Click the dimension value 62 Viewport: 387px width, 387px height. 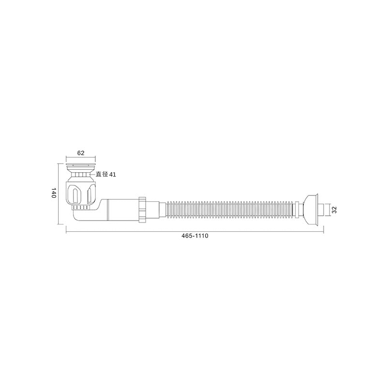click(81, 153)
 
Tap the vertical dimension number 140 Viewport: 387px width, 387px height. click(54, 193)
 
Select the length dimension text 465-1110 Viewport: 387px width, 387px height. click(195, 236)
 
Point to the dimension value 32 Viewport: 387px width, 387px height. click(334, 210)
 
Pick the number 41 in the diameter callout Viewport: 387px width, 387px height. click(113, 175)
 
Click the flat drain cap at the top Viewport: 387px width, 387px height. click(81, 164)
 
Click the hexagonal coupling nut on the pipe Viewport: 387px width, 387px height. click(143, 210)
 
